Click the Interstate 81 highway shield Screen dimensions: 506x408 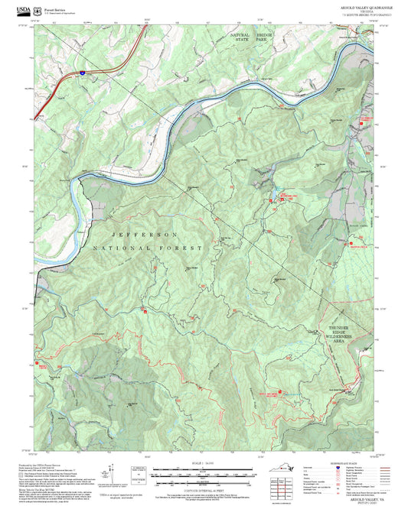(x=80, y=73)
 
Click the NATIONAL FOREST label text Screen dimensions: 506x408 (x=148, y=249)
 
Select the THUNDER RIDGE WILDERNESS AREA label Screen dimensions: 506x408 (x=338, y=336)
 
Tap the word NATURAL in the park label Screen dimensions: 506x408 (x=241, y=35)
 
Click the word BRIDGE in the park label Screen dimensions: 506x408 (x=265, y=35)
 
